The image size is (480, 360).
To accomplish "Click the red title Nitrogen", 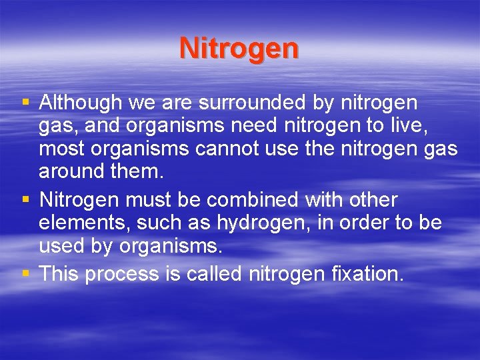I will [239, 49].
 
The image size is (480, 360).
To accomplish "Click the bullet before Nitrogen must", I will [25, 199].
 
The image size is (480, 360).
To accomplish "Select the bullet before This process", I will [25, 274].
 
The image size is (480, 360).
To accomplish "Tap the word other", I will [375, 199].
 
